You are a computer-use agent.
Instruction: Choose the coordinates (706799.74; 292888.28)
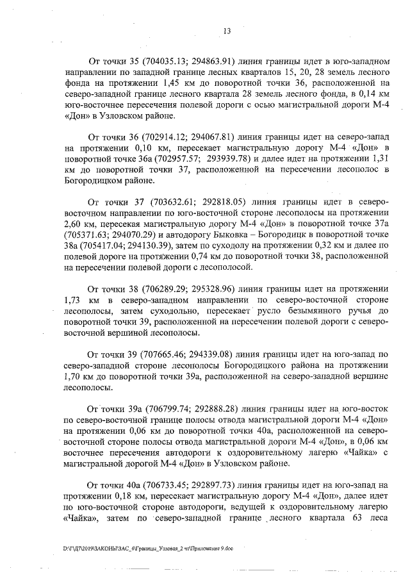192,408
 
